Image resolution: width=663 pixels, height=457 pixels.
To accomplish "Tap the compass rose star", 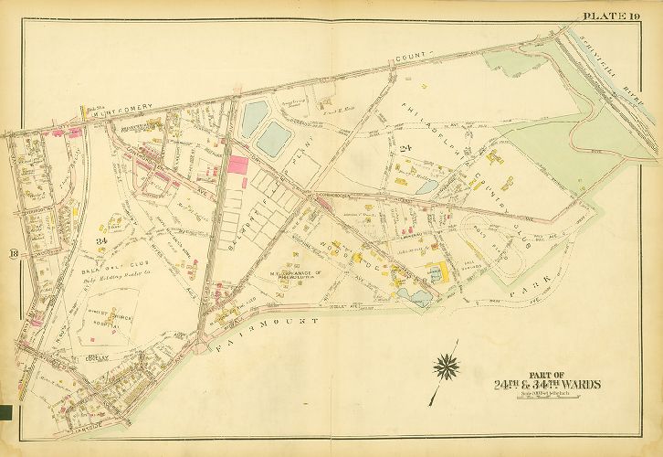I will [447, 368].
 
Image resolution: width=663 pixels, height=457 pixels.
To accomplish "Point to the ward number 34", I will [100, 240].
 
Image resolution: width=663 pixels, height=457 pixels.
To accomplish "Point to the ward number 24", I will [402, 147].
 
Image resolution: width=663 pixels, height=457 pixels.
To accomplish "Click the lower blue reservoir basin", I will [275, 138].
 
